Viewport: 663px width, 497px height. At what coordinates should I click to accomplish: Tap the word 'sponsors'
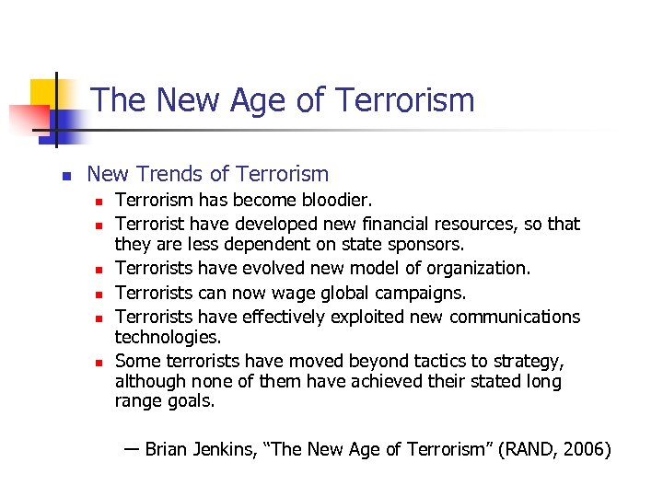coord(427,245)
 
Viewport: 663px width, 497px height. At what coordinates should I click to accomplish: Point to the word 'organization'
coord(474,269)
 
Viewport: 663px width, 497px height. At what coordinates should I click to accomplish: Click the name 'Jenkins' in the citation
coord(226,451)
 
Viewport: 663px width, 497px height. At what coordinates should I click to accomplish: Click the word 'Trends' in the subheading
coord(168,173)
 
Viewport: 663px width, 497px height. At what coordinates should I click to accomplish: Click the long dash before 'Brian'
coord(131,449)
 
